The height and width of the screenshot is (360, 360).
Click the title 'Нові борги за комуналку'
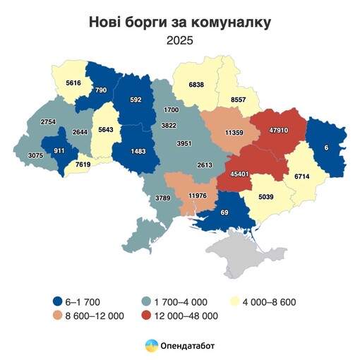pos(179,22)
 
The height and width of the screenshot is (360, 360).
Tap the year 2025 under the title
pos(179,41)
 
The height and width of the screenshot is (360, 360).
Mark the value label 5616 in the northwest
pos(74,83)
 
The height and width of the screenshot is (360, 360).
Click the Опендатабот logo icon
pos(151,345)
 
